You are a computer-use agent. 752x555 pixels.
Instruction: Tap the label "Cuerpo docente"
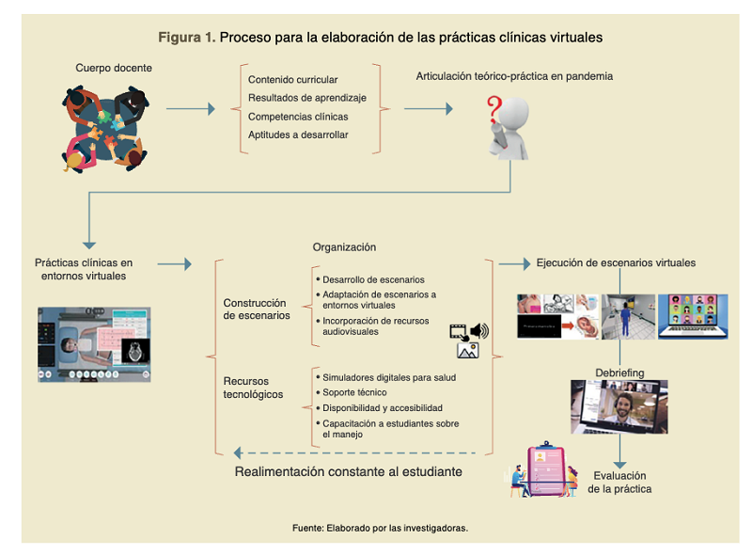pos(114,68)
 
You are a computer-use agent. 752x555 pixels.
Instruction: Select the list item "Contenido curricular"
pos(292,80)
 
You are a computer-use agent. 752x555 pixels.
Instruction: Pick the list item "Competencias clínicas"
pos(298,117)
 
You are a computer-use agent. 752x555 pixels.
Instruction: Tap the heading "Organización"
pos(344,247)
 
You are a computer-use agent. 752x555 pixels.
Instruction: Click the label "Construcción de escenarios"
pos(255,309)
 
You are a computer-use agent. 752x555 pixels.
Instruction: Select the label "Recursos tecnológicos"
pos(253,388)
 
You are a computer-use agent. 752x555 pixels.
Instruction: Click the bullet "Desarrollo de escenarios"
pos(373,279)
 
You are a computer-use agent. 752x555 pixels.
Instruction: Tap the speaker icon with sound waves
pos(480,330)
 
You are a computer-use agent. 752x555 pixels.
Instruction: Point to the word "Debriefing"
pos(619,373)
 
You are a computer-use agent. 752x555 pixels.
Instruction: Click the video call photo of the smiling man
pos(619,406)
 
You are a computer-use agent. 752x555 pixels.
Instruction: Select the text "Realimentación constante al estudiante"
pos(348,471)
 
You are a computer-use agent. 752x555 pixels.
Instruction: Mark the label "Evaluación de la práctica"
pos(619,482)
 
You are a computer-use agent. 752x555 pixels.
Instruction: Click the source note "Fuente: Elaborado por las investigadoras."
pos(380,528)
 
